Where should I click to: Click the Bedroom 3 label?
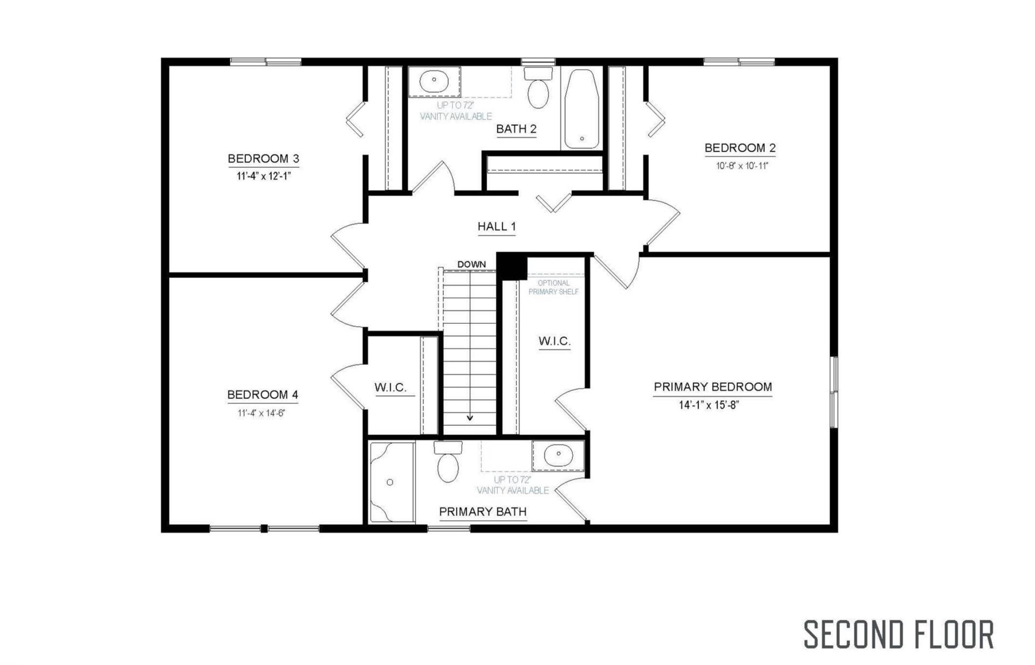coord(263,159)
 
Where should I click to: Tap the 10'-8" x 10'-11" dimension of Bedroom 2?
coord(742,166)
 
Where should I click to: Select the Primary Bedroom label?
coord(712,387)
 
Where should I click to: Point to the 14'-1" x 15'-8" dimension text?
coord(708,405)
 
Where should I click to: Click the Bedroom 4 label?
coord(263,395)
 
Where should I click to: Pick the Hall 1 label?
coord(497,227)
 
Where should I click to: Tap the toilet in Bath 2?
coord(538,87)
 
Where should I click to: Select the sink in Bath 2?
coord(434,82)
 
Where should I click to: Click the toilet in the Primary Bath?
coord(448,462)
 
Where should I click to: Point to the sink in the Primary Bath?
coord(558,455)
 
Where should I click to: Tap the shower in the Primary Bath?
coord(392,482)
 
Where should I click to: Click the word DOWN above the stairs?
coord(471,264)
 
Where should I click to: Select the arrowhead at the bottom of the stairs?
coord(470,417)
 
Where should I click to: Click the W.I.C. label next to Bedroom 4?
coord(390,388)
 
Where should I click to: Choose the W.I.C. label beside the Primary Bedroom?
coord(554,341)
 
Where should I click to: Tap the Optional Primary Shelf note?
coord(553,287)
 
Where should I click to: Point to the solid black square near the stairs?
coord(512,267)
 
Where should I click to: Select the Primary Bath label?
coord(483,512)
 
